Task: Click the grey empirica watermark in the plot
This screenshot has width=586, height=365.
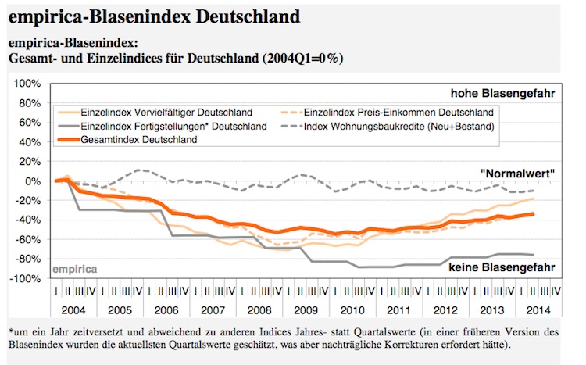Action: click(75, 269)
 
